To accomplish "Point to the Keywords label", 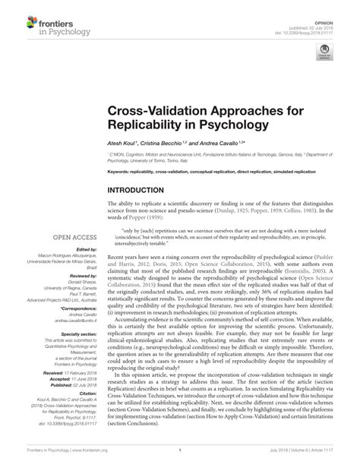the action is click(x=119, y=172).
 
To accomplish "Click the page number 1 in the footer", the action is click(x=180, y=460).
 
